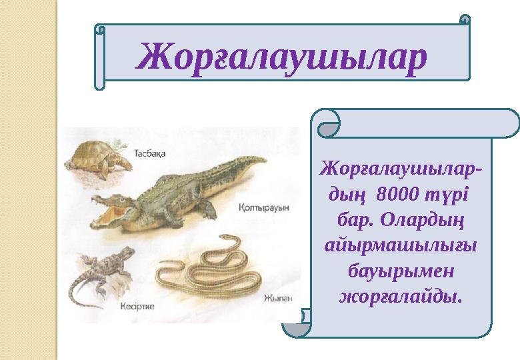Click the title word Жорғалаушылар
281,57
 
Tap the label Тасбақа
151,152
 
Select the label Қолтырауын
264,207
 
